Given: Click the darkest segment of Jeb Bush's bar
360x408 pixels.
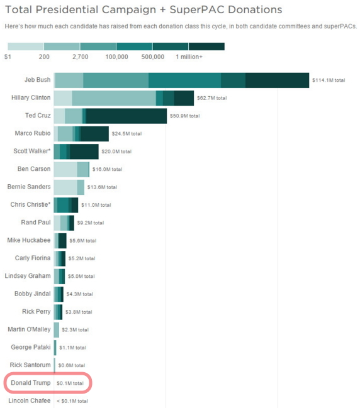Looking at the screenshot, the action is pyautogui.click(x=277, y=80).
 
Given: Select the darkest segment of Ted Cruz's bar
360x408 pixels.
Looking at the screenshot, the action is pyautogui.click(x=127, y=116).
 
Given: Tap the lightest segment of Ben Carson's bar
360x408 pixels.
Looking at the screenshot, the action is pyautogui.click(x=65, y=169).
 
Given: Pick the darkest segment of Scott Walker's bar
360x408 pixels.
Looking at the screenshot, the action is pyautogui.click(x=84, y=152).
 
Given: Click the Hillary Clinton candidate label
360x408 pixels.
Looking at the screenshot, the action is pyautogui.click(x=31, y=97).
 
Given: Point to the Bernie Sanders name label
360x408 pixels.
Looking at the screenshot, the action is pyautogui.click(x=29, y=187).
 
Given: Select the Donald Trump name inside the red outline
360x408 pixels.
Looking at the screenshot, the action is pyautogui.click(x=31, y=383).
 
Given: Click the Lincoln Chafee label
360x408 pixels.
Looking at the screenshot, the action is pyautogui.click(x=30, y=400).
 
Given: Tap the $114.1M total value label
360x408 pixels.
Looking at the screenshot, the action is pyautogui.click(x=329, y=80).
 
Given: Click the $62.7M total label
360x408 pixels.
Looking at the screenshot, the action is pyautogui.click(x=211, y=98).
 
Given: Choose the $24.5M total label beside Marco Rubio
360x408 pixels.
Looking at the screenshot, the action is pyautogui.click(x=127, y=134).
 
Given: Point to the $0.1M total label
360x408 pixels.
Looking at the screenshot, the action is pyautogui.click(x=70, y=383).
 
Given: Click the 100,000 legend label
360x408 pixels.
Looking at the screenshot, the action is pyautogui.click(x=116, y=57).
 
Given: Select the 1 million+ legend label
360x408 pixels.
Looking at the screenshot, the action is pyautogui.click(x=189, y=57).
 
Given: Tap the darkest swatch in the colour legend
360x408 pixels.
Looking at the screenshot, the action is pyautogui.click(x=206, y=47).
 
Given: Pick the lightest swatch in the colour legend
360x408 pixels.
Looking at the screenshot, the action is pyautogui.click(x=26, y=47).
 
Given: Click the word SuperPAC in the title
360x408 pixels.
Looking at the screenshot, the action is pyautogui.click(x=196, y=9).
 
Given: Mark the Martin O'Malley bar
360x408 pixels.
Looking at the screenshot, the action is pyautogui.click(x=56, y=330).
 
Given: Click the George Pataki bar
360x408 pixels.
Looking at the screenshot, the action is pyautogui.click(x=55, y=348).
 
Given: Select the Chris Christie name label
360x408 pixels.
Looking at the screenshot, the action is pyautogui.click(x=30, y=204).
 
